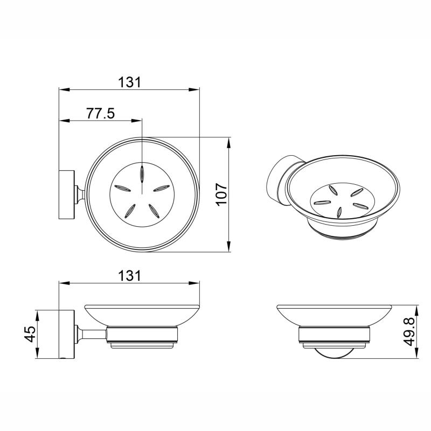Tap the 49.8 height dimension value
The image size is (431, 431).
(x=409, y=331)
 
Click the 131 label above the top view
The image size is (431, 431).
(x=129, y=82)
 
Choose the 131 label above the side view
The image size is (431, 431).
(x=129, y=275)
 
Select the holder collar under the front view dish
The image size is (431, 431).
(x=335, y=336)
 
